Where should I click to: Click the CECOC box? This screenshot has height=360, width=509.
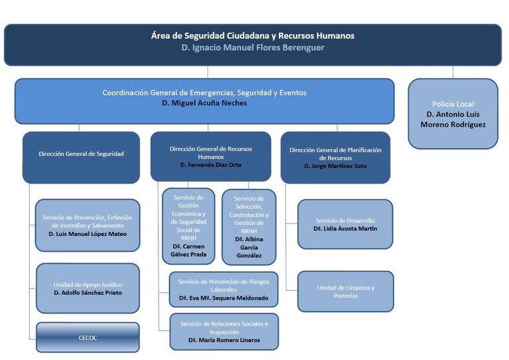(87, 337)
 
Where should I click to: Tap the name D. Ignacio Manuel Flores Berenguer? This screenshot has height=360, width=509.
(253, 48)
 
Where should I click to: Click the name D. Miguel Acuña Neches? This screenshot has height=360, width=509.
(204, 104)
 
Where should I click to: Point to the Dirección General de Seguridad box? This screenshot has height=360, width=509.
(81, 154)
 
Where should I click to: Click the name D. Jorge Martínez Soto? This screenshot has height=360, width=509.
(335, 166)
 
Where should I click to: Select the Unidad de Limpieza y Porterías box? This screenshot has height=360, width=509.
(345, 291)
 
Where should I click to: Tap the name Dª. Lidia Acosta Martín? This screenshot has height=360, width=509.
(346, 229)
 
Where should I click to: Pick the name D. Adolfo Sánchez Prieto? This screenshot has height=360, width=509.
(87, 292)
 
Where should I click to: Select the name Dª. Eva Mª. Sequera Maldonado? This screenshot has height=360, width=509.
(223, 298)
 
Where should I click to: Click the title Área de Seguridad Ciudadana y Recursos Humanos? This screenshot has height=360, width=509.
(253, 35)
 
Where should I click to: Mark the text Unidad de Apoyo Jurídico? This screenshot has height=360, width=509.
(87, 284)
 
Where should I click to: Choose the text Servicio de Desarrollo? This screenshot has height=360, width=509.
(345, 220)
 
